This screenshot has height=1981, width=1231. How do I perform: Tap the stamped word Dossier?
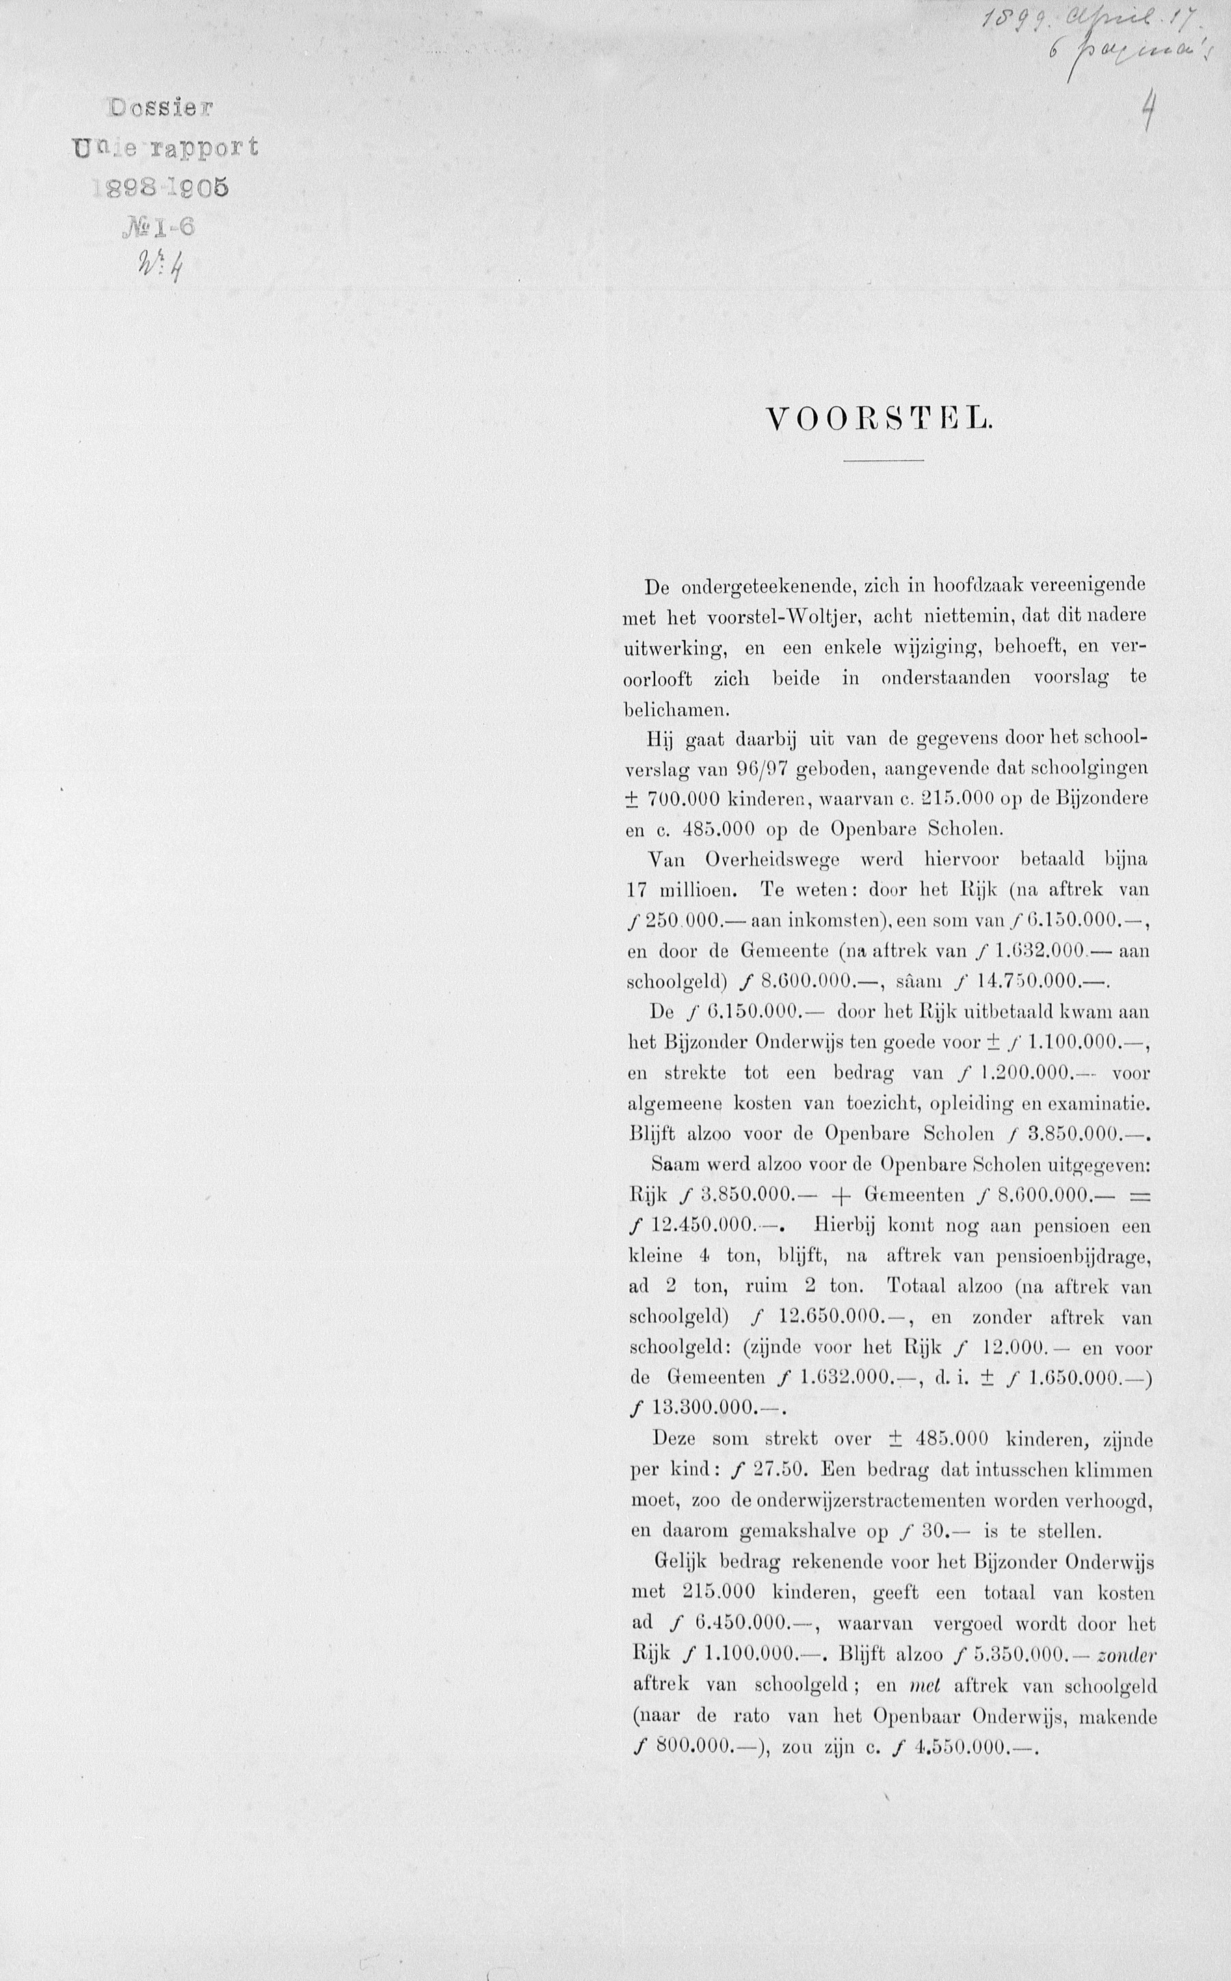161,107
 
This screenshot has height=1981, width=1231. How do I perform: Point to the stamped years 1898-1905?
162,187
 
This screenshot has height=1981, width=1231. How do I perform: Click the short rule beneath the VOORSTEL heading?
884,462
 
